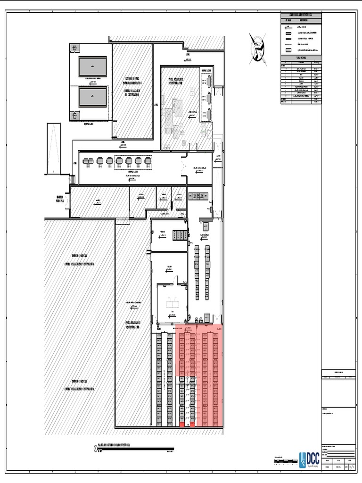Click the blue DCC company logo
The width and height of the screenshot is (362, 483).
(309, 459)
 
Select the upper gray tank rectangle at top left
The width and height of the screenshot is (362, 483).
(92, 66)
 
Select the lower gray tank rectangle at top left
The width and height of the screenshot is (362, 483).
(92, 98)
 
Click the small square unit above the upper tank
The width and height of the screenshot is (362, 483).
(74, 48)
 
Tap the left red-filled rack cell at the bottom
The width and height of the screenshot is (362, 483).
(181, 425)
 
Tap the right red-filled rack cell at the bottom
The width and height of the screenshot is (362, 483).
(192, 425)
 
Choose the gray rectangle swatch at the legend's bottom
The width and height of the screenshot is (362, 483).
(288, 50)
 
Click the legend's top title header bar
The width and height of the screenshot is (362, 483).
(302, 16)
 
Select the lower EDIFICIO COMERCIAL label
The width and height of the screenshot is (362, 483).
(79, 385)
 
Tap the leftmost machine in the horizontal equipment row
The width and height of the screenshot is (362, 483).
(88, 162)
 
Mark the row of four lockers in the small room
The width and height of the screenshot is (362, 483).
(180, 234)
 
